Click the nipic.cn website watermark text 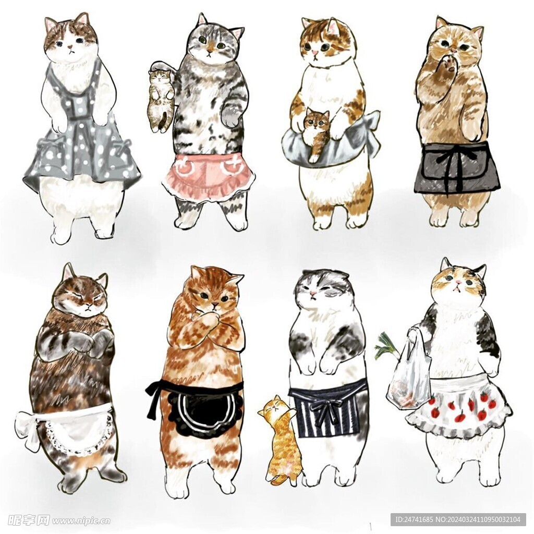(81, 521)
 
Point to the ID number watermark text (458, 520)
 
